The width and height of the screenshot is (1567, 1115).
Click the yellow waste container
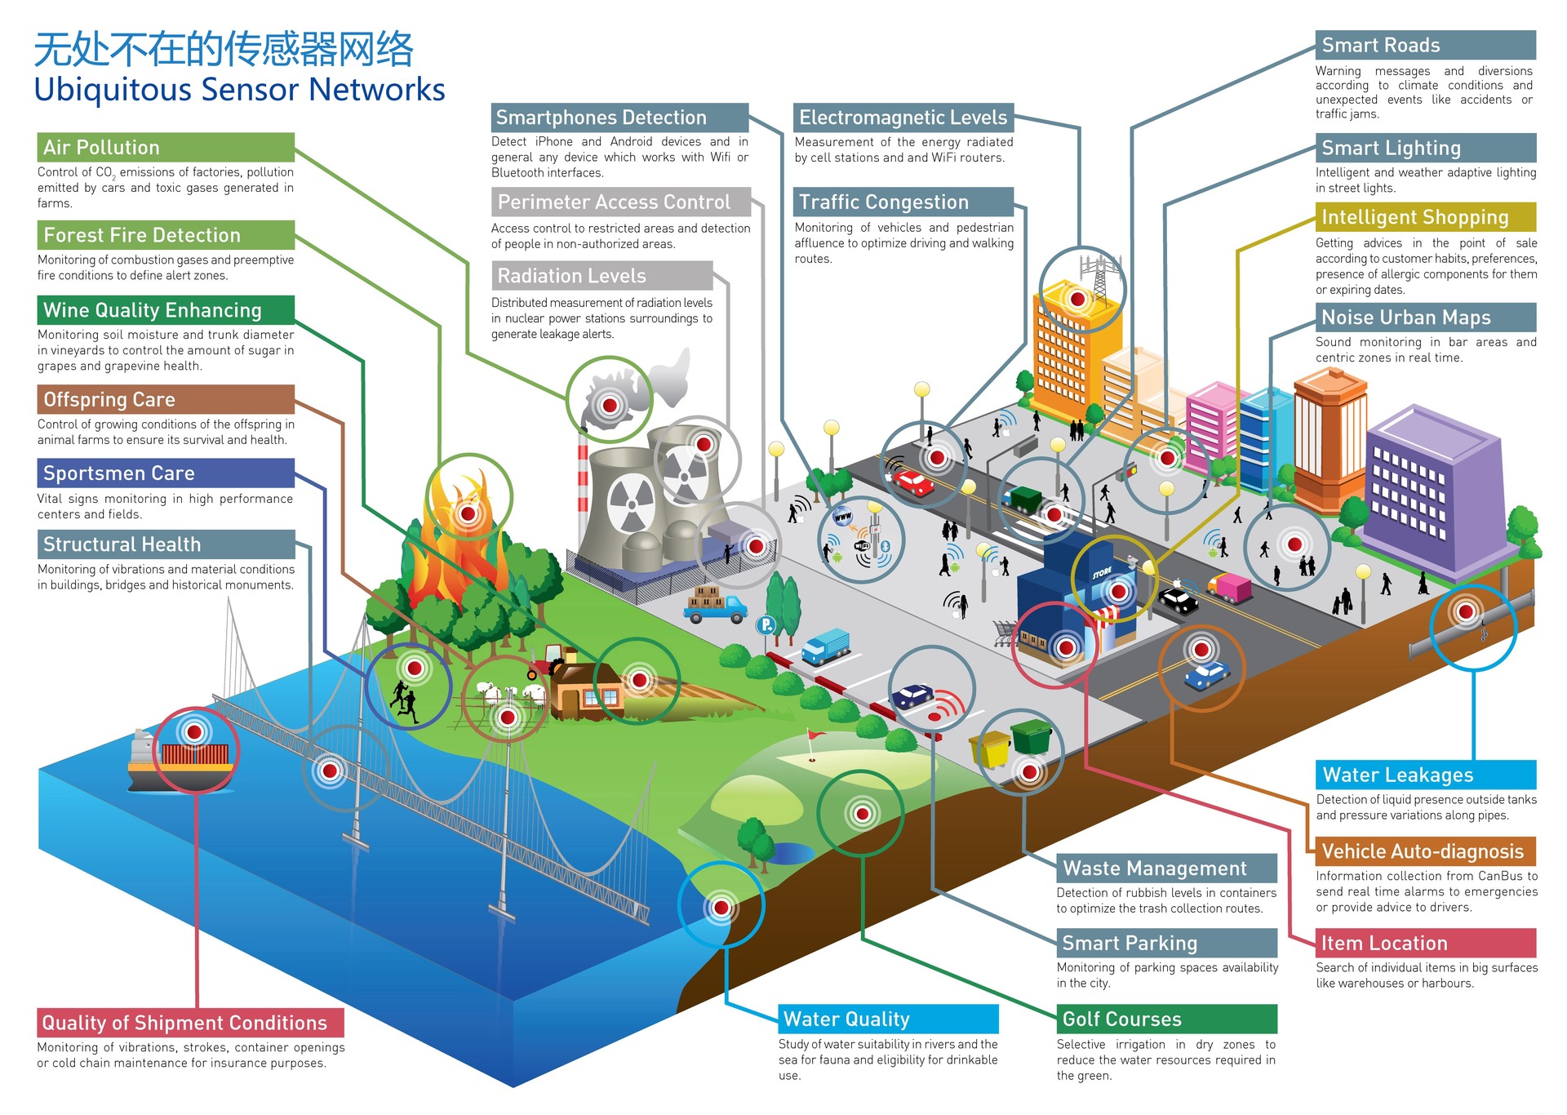(x=990, y=749)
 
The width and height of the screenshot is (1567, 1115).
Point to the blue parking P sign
(x=766, y=625)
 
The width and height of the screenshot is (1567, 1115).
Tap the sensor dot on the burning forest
(x=468, y=513)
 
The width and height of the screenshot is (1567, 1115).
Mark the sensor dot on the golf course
(x=862, y=813)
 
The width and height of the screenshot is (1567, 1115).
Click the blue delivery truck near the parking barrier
(x=826, y=647)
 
